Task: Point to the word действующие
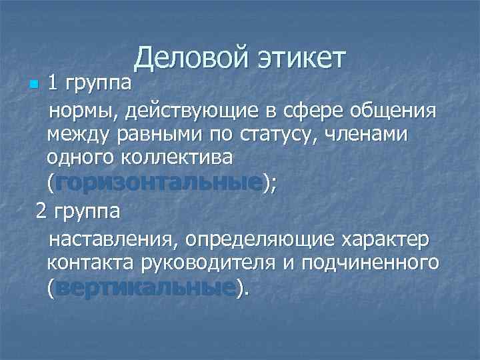point(189,109)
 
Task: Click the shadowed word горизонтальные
point(159,183)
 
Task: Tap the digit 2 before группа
point(41,212)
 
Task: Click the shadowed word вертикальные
point(147,288)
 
